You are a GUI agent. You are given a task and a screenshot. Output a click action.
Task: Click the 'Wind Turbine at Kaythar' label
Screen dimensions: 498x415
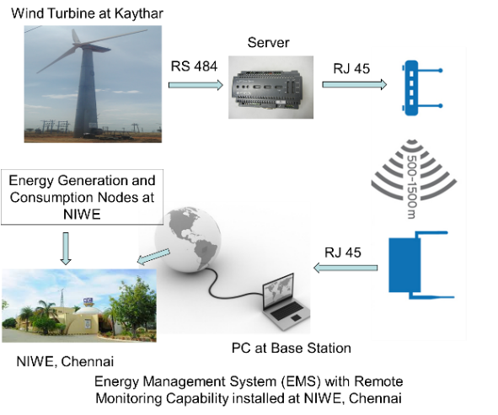pos(87,13)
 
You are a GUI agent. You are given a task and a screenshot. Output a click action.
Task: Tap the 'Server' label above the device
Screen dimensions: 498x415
pos(268,43)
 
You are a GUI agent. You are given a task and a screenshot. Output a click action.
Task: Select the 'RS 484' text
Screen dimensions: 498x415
pos(194,67)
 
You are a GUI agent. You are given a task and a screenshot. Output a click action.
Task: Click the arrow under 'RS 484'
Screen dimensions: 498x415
pos(195,85)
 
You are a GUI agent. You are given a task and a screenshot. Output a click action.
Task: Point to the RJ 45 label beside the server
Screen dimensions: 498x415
pos(351,69)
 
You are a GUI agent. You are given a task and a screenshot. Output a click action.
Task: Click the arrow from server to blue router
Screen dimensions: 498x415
pos(355,84)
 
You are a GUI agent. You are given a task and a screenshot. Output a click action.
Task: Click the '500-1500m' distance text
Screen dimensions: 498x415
pos(411,187)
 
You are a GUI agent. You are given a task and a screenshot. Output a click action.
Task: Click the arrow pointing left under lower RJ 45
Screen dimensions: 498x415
pos(345,268)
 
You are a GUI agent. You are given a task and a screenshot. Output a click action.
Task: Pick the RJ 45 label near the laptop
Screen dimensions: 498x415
pos(343,253)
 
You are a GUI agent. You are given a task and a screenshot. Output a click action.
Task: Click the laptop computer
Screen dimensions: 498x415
pos(285,301)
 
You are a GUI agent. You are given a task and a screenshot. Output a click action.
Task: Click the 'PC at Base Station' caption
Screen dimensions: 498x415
pos(292,348)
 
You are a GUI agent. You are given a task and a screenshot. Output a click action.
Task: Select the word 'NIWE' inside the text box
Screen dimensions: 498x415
pos(82,215)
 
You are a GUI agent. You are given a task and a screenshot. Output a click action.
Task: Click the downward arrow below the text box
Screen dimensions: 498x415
pos(66,248)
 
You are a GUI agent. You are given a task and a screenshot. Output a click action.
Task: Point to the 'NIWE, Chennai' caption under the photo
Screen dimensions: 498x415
pos(65,362)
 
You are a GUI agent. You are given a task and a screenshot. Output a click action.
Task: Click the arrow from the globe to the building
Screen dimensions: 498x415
pos(153,257)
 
